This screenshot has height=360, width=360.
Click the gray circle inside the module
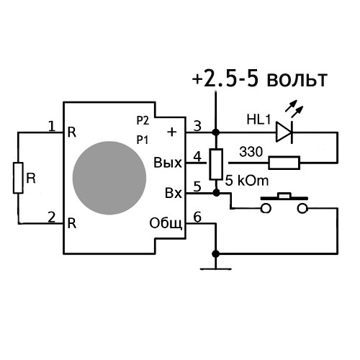(x=109, y=178)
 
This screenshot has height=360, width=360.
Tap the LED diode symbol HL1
(x=284, y=132)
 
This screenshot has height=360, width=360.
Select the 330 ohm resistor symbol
(x=284, y=163)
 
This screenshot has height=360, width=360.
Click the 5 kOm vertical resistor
(x=216, y=164)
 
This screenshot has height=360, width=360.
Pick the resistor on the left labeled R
(x=18, y=178)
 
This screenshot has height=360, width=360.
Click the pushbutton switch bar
(x=284, y=197)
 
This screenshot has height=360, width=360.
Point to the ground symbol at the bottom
(x=216, y=269)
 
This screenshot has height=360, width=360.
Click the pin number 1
(x=52, y=126)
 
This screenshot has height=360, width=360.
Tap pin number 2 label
(x=52, y=217)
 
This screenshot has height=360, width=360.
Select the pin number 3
(x=197, y=126)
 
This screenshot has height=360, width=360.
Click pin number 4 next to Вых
(x=197, y=157)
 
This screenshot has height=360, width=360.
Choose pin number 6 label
(x=197, y=217)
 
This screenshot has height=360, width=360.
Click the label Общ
(x=166, y=224)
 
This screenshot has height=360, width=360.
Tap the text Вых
(x=168, y=163)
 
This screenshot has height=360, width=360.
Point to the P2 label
(x=143, y=120)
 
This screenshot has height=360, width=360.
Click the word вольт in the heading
(x=297, y=79)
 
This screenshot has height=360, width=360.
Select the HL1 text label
(x=258, y=120)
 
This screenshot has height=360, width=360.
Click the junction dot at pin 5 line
(x=216, y=192)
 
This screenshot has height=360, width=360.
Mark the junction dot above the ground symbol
(x=216, y=253)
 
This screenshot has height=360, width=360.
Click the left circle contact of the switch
(x=266, y=208)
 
